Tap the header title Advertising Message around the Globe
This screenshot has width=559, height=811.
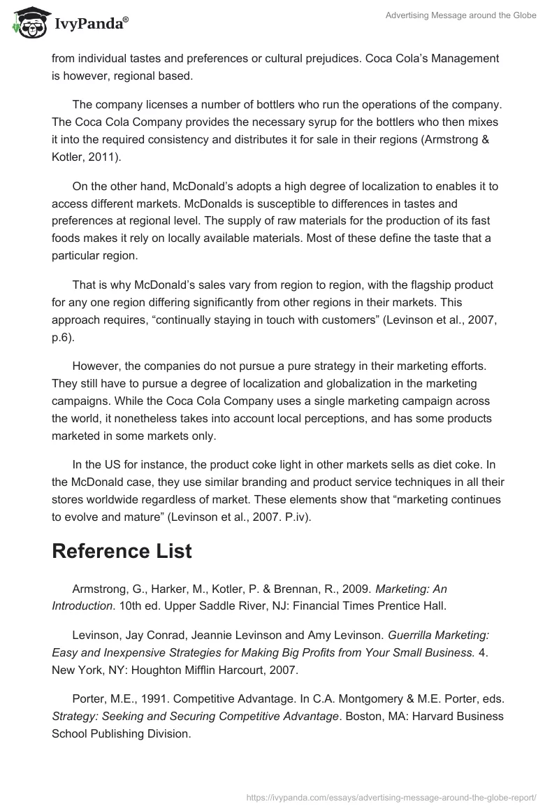coord(460,15)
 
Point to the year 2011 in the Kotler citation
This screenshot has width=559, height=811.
coord(103,157)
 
